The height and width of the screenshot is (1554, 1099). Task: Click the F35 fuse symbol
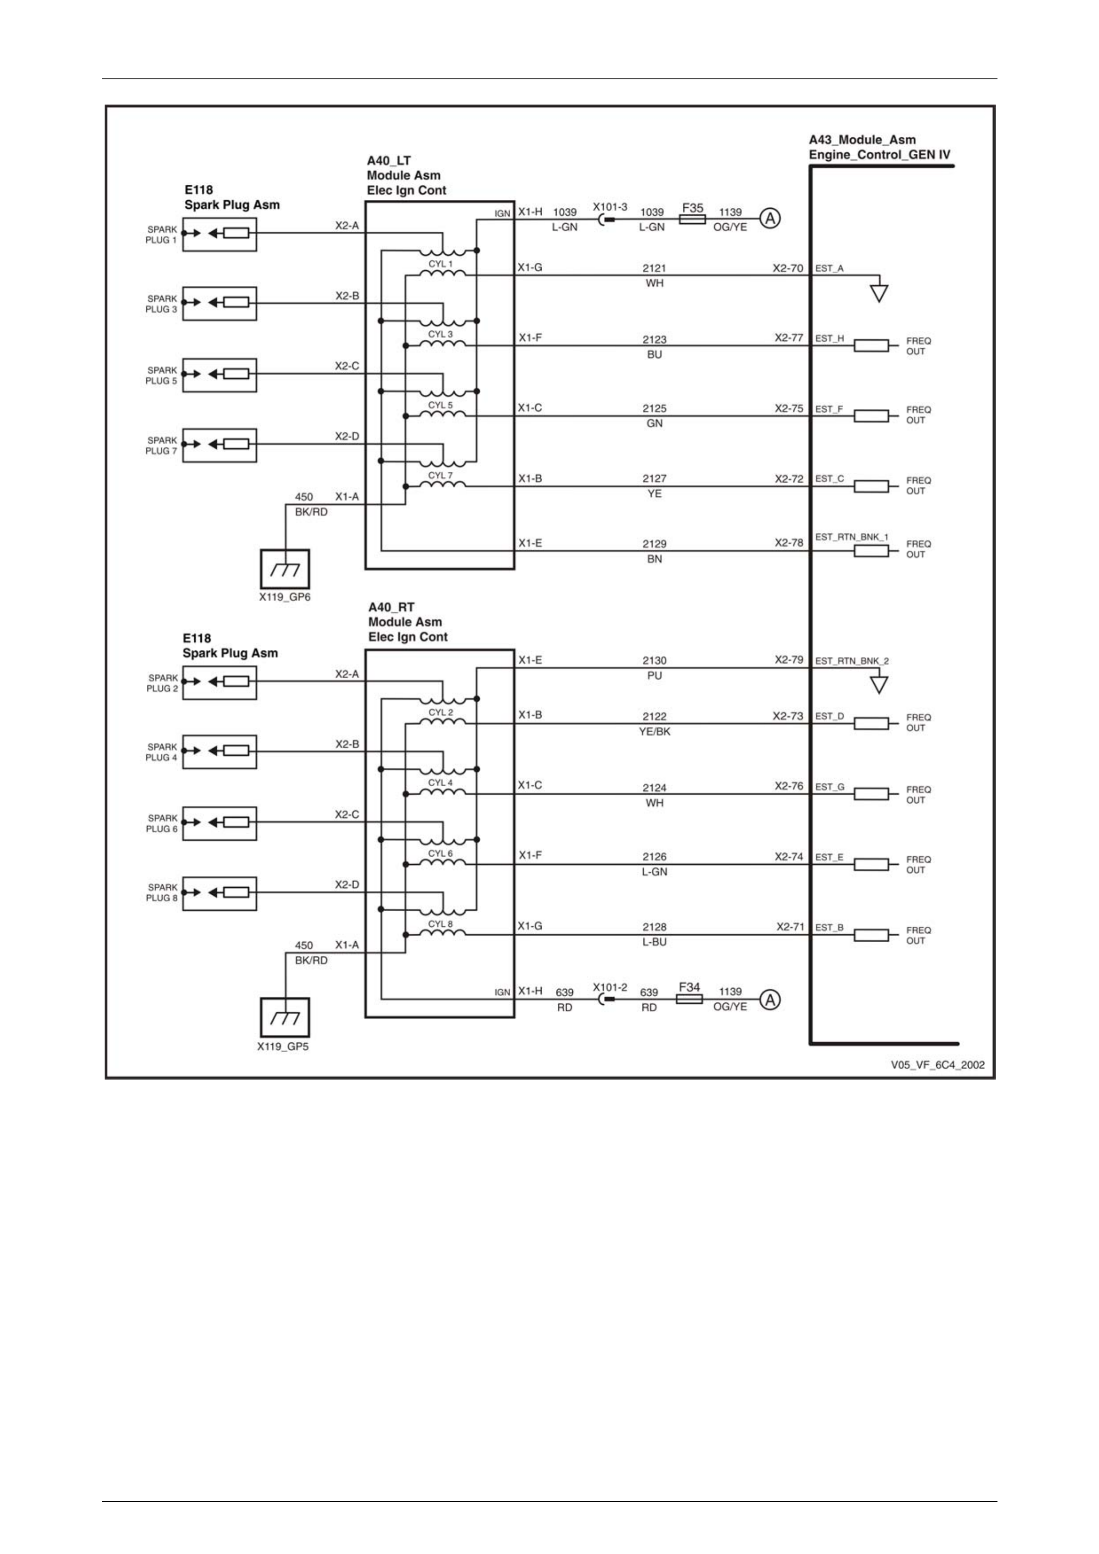[x=692, y=219]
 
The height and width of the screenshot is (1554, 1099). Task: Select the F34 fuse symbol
[x=689, y=999]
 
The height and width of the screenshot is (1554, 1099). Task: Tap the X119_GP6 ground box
[x=285, y=568]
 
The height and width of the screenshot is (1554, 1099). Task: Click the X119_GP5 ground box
[x=285, y=1017]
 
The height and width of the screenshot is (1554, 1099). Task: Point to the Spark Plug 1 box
[x=219, y=233]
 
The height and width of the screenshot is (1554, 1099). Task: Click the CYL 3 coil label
[x=440, y=334]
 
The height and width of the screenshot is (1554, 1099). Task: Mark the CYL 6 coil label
[x=440, y=854]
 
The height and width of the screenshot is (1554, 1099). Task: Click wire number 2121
[x=654, y=268]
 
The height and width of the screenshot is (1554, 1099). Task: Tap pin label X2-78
[x=789, y=543]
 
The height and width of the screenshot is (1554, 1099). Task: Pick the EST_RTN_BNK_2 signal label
[x=852, y=660]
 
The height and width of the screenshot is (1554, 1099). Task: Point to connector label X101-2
[x=610, y=987]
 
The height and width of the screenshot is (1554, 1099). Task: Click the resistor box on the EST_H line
[x=871, y=346]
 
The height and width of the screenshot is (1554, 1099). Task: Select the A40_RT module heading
[x=408, y=622]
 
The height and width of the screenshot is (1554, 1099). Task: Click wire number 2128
[x=654, y=927]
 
